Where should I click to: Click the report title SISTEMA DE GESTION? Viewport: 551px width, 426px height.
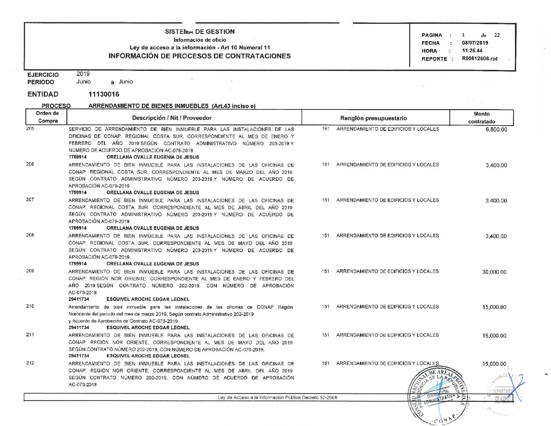click(200, 32)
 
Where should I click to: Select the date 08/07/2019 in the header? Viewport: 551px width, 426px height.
click(475, 43)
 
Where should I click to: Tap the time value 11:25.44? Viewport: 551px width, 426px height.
click(472, 51)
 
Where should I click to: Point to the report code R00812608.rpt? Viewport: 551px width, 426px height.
click(479, 59)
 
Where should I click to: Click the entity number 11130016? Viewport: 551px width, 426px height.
click(104, 94)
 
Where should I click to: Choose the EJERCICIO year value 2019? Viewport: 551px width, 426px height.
click(83, 74)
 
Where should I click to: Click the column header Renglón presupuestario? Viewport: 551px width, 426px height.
click(373, 118)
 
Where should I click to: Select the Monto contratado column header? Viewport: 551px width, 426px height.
click(481, 118)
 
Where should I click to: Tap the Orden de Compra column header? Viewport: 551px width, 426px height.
click(47, 117)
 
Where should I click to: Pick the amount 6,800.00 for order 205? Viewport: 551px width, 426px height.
click(496, 130)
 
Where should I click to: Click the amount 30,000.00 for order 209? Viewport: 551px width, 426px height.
click(494, 272)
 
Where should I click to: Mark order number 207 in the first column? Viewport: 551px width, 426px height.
click(30, 200)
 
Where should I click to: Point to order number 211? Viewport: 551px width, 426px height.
click(30, 335)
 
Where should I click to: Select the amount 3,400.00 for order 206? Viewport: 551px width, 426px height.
click(496, 165)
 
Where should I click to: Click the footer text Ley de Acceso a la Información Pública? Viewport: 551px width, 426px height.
click(277, 398)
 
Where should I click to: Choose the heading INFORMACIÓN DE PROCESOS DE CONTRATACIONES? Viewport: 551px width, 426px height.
click(200, 56)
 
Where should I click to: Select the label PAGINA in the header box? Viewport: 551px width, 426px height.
click(432, 35)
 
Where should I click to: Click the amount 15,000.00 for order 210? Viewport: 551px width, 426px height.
click(494, 307)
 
